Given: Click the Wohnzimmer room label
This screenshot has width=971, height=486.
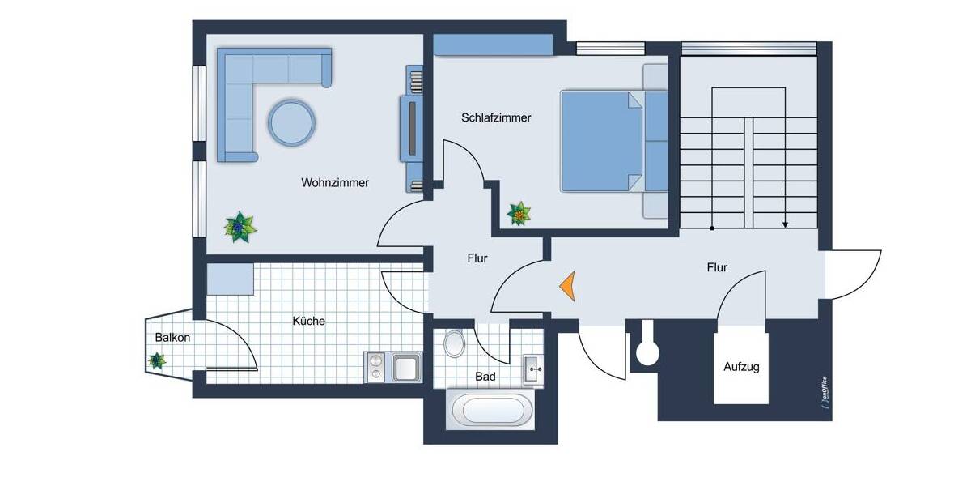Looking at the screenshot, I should tap(335, 183).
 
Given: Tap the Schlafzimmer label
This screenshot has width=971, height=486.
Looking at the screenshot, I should tap(496, 117).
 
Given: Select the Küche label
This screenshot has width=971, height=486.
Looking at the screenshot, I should tap(308, 321).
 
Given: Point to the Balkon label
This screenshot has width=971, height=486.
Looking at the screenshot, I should tap(172, 338).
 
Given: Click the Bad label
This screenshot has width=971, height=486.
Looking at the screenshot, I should tap(485, 377).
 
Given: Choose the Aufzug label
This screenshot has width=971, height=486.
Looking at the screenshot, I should tap(741, 367).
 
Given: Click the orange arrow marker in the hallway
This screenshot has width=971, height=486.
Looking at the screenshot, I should tap(566, 286).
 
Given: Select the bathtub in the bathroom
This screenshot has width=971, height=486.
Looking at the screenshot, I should tap(490, 410).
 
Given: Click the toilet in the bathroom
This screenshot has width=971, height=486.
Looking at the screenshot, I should tap(455, 343).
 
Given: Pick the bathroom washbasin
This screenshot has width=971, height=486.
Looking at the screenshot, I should tap(533, 369).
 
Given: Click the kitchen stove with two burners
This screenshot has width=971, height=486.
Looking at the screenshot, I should tap(376, 367).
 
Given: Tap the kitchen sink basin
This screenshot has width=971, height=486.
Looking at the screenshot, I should tap(406, 367).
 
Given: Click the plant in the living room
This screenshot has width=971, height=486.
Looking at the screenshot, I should tap(240, 228).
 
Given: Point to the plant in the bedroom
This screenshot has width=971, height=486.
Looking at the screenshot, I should tap(519, 214).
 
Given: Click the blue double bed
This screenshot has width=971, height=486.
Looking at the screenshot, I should tap(603, 142).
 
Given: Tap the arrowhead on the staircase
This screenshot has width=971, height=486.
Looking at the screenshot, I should tap(785, 224).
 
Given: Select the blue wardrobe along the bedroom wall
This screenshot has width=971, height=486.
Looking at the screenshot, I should tap(493, 45).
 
